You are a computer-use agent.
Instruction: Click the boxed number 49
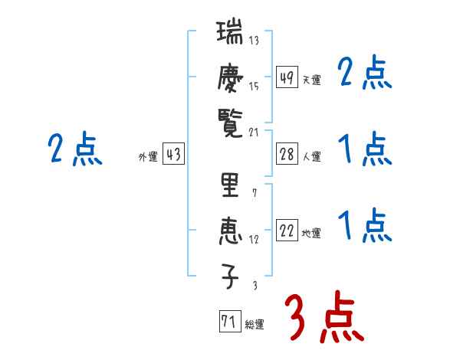pyautogui.click(x=287, y=77)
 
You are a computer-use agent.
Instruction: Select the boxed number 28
pyautogui.click(x=287, y=155)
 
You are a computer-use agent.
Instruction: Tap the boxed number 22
pyautogui.click(x=287, y=231)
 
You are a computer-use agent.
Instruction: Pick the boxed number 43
pyautogui.click(x=173, y=155)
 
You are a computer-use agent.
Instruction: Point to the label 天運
pyautogui.click(x=311, y=80)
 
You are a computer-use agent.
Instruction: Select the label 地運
pyautogui.click(x=311, y=233)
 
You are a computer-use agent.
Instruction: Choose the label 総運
pyautogui.click(x=255, y=324)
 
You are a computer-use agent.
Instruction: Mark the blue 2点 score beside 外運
pyautogui.click(x=74, y=149)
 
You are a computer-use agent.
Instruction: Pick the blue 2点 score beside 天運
pyautogui.click(x=365, y=74)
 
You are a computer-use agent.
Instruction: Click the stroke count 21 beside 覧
pyautogui.click(x=255, y=133)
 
